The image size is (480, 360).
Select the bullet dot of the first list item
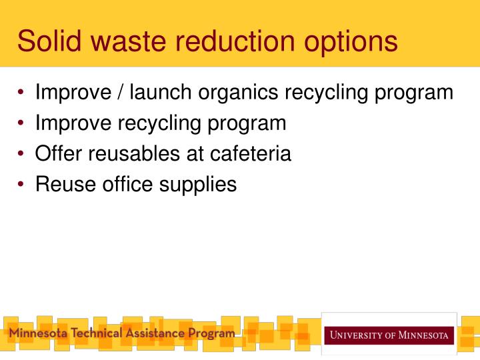pyautogui.click(x=23, y=93)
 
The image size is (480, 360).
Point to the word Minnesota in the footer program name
pyautogui.click(x=37, y=333)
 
